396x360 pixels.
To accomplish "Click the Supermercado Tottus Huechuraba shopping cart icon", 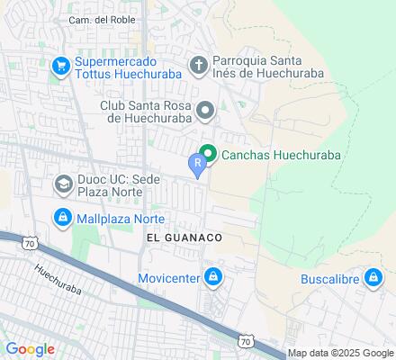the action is coord(61,65).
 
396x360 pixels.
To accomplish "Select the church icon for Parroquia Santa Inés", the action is coord(199,65).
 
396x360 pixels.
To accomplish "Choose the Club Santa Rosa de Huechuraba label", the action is coord(144,112).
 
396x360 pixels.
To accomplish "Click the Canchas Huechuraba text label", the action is coord(280,155).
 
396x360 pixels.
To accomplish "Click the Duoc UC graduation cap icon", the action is coord(64,185).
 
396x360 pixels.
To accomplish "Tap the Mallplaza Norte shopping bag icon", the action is coord(62,217).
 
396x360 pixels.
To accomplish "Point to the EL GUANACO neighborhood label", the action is coord(183,237).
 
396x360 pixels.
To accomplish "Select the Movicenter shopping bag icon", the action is coord(213,277).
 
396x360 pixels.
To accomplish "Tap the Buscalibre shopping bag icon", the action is coord(372,278).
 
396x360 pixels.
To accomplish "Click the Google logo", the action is coord(31,349).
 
